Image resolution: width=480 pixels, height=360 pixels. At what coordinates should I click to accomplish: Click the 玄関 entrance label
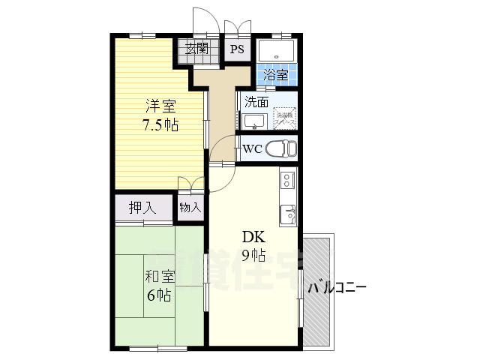[198, 50]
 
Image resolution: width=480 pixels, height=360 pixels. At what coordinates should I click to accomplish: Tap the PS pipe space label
[237, 50]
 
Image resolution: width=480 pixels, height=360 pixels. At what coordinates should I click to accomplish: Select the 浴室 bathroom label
[277, 75]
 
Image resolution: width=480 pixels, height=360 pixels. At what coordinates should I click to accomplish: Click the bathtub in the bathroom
[277, 51]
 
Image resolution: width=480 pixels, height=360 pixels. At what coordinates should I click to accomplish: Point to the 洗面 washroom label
[256, 102]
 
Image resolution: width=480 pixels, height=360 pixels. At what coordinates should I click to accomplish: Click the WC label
[252, 148]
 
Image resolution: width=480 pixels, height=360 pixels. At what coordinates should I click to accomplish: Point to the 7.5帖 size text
[160, 125]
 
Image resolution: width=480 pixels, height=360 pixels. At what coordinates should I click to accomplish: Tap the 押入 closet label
[142, 208]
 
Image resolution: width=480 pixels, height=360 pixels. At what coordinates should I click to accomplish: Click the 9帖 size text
[253, 255]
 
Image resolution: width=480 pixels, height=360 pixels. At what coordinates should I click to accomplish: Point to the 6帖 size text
[159, 295]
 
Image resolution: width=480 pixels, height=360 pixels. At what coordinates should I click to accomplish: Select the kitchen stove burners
[287, 181]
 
